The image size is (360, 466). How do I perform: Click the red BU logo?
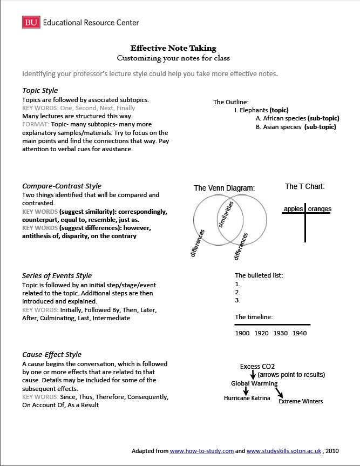click(x=31, y=22)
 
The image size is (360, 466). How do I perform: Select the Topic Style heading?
click(x=40, y=90)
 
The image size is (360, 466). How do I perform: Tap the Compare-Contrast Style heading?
click(x=62, y=186)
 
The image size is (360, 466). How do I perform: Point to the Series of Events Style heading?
click(x=57, y=276)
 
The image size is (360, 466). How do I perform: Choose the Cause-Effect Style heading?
click(x=52, y=355)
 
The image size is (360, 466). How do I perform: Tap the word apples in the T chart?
click(x=294, y=209)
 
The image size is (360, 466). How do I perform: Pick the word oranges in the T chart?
click(x=320, y=209)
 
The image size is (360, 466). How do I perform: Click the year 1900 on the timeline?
click(x=242, y=333)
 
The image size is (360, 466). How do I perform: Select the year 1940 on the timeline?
click(x=299, y=333)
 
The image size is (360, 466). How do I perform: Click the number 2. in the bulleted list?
click(x=237, y=292)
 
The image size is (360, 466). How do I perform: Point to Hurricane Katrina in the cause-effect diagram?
click(x=247, y=398)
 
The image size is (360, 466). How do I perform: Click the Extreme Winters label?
click(x=301, y=401)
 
